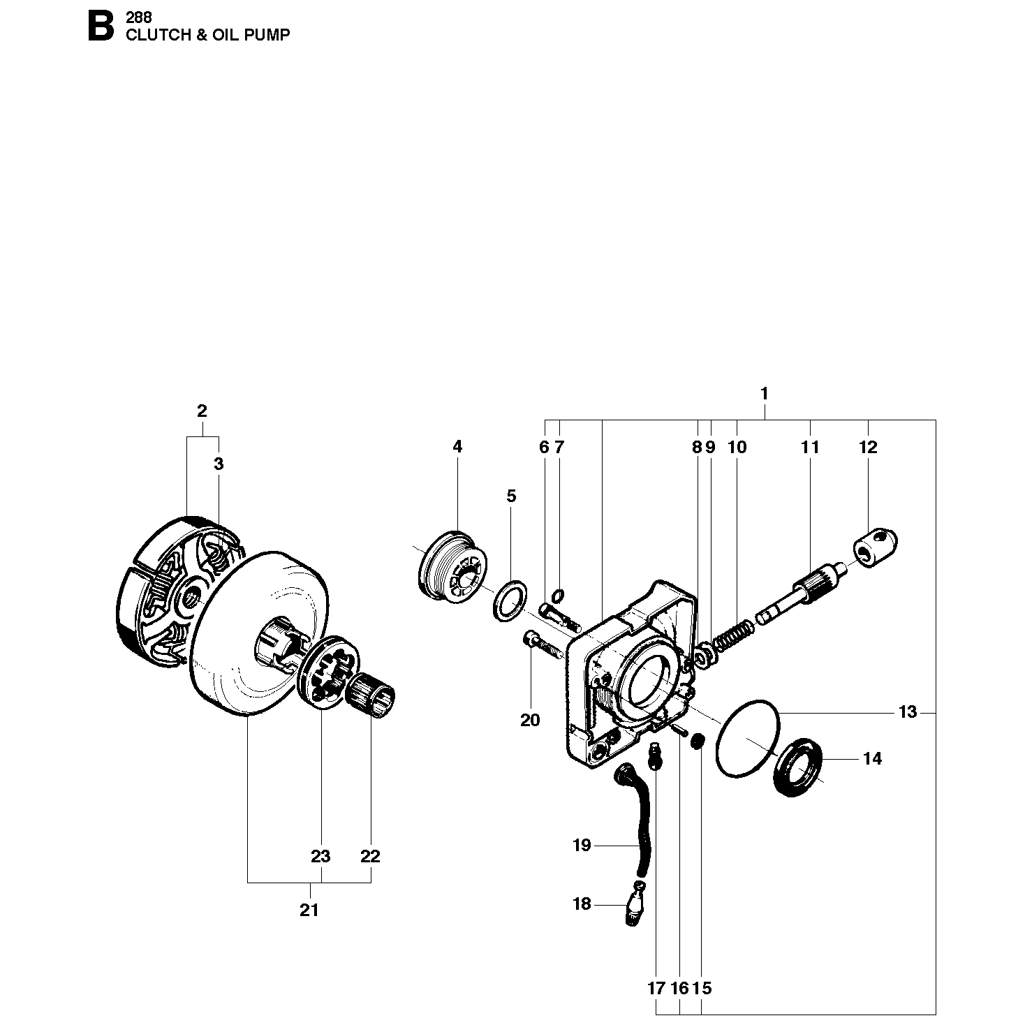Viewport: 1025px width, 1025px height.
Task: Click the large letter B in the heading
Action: point(101,27)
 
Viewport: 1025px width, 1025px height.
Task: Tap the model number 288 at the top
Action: point(139,17)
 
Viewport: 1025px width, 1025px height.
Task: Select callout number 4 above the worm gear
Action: point(457,447)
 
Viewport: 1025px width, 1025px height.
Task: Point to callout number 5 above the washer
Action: point(511,496)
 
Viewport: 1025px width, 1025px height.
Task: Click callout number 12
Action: point(868,448)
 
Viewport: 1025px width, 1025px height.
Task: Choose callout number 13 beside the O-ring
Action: point(908,712)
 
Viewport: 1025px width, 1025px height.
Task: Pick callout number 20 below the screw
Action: point(530,720)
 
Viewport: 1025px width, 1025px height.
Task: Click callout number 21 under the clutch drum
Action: point(309,910)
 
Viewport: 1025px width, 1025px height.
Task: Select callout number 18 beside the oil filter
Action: point(582,904)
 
